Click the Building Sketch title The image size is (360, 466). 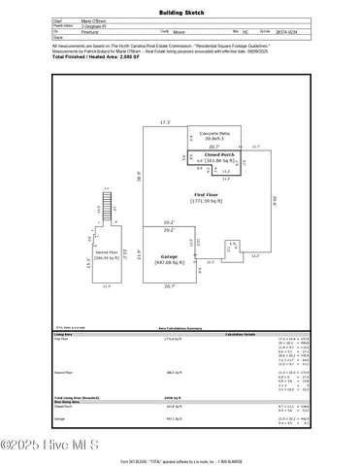click(x=180, y=12)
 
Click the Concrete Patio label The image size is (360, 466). click(x=214, y=132)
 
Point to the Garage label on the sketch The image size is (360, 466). click(x=169, y=256)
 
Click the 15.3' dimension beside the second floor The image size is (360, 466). click(x=88, y=261)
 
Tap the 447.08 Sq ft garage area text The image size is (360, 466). click(x=170, y=262)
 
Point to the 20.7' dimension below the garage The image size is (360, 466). click(x=169, y=286)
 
